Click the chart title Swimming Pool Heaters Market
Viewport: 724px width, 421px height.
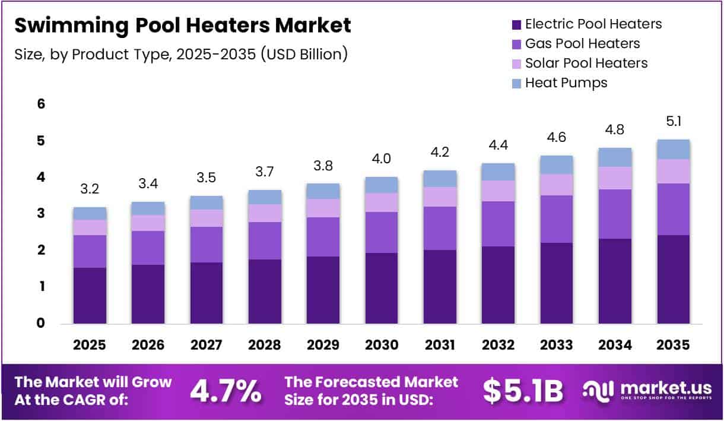click(182, 26)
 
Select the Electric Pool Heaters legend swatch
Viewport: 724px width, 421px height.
click(516, 25)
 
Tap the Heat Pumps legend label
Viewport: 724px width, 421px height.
click(566, 83)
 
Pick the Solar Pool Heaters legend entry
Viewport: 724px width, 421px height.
click(586, 63)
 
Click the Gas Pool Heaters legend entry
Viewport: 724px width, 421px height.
click(582, 43)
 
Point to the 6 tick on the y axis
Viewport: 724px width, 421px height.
click(41, 105)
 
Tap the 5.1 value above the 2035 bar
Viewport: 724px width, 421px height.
click(674, 122)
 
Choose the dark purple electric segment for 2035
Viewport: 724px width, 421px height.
click(674, 279)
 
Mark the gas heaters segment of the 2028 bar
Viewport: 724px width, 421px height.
click(265, 240)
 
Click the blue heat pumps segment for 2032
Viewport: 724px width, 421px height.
click(498, 172)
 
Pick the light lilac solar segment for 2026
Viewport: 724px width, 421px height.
click(148, 223)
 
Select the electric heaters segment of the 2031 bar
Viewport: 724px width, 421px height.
click(440, 287)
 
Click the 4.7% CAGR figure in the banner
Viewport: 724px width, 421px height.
click(226, 390)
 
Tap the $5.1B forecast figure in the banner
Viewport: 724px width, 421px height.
click(522, 390)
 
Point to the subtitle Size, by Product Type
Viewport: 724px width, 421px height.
click(180, 54)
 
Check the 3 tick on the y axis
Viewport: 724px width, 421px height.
click(41, 214)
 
